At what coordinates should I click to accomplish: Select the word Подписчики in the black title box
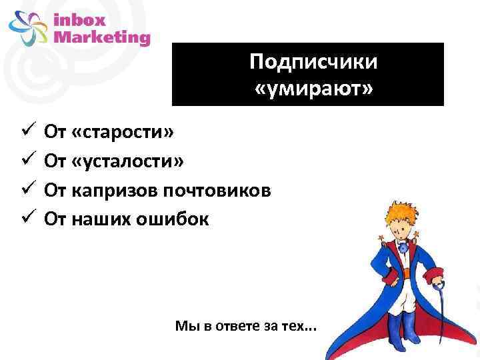[313, 63]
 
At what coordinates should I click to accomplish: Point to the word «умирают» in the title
[313, 87]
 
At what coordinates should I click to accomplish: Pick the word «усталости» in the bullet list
[133, 161]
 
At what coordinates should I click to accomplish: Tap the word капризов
[113, 190]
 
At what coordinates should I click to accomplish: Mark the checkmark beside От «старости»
[27, 132]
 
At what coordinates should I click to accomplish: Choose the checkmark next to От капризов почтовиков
[27, 189]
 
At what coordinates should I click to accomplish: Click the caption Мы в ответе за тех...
[247, 326]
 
